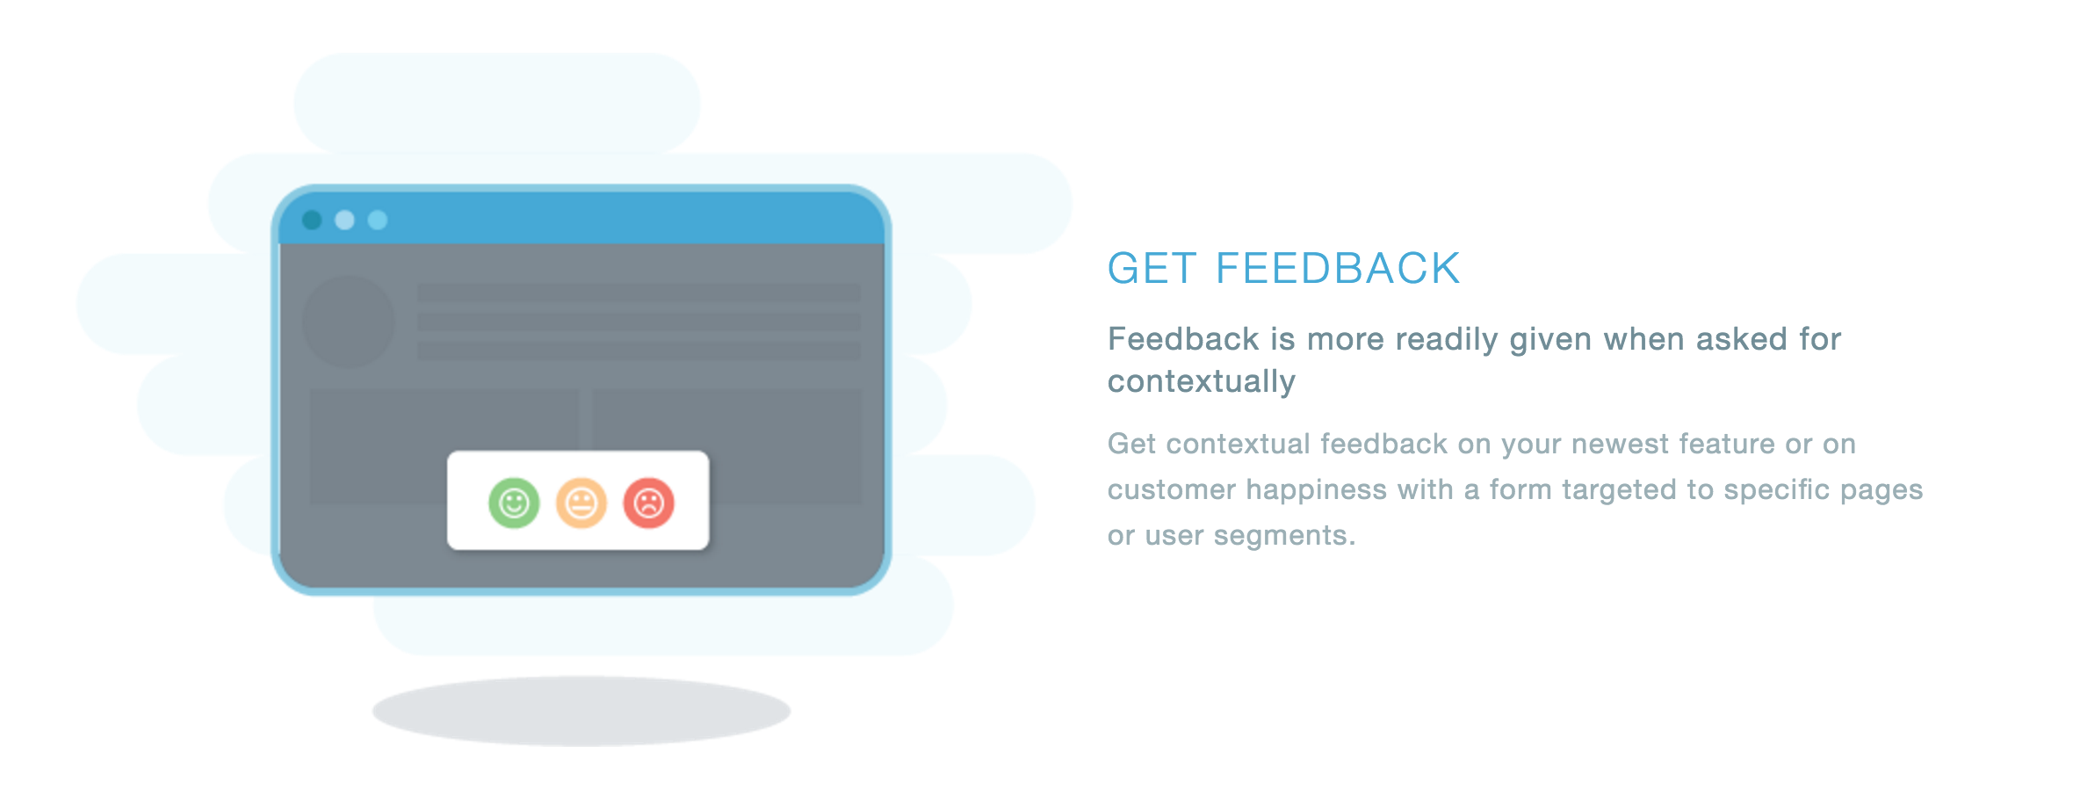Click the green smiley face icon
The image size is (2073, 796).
pyautogui.click(x=514, y=503)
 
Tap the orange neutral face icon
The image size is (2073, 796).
pyautogui.click(x=581, y=503)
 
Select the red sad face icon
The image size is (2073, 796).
pyautogui.click(x=649, y=503)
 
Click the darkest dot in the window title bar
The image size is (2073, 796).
pyautogui.click(x=312, y=220)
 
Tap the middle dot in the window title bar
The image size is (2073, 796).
pyautogui.click(x=344, y=220)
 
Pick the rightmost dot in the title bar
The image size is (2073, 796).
pyautogui.click(x=378, y=220)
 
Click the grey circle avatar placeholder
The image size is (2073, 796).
pyautogui.click(x=349, y=322)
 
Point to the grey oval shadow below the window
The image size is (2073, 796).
pyautogui.click(x=581, y=711)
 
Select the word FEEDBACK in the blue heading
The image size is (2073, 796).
pyautogui.click(x=1338, y=269)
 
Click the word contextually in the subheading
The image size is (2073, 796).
pyautogui.click(x=1202, y=382)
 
